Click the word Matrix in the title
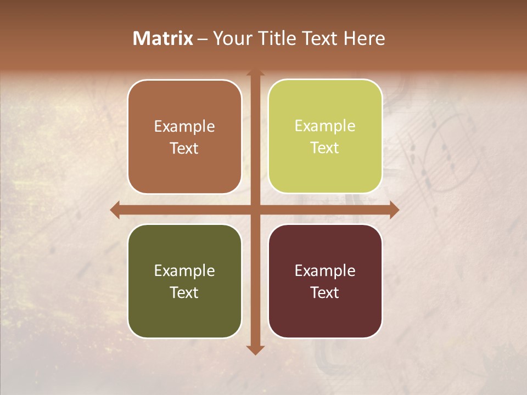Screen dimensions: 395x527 [x=163, y=38]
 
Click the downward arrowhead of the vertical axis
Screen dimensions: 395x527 [x=255, y=350]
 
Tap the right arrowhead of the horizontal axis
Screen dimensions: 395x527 [x=394, y=210]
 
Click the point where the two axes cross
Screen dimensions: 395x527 [x=255, y=210]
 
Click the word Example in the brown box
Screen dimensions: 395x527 [x=184, y=127]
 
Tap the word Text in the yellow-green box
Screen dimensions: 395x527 [x=325, y=148]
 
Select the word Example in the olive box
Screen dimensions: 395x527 [x=184, y=271]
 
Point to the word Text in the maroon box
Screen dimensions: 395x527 [x=325, y=292]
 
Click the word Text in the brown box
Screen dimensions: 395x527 [x=184, y=149]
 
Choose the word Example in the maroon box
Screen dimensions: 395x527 [x=325, y=271]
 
